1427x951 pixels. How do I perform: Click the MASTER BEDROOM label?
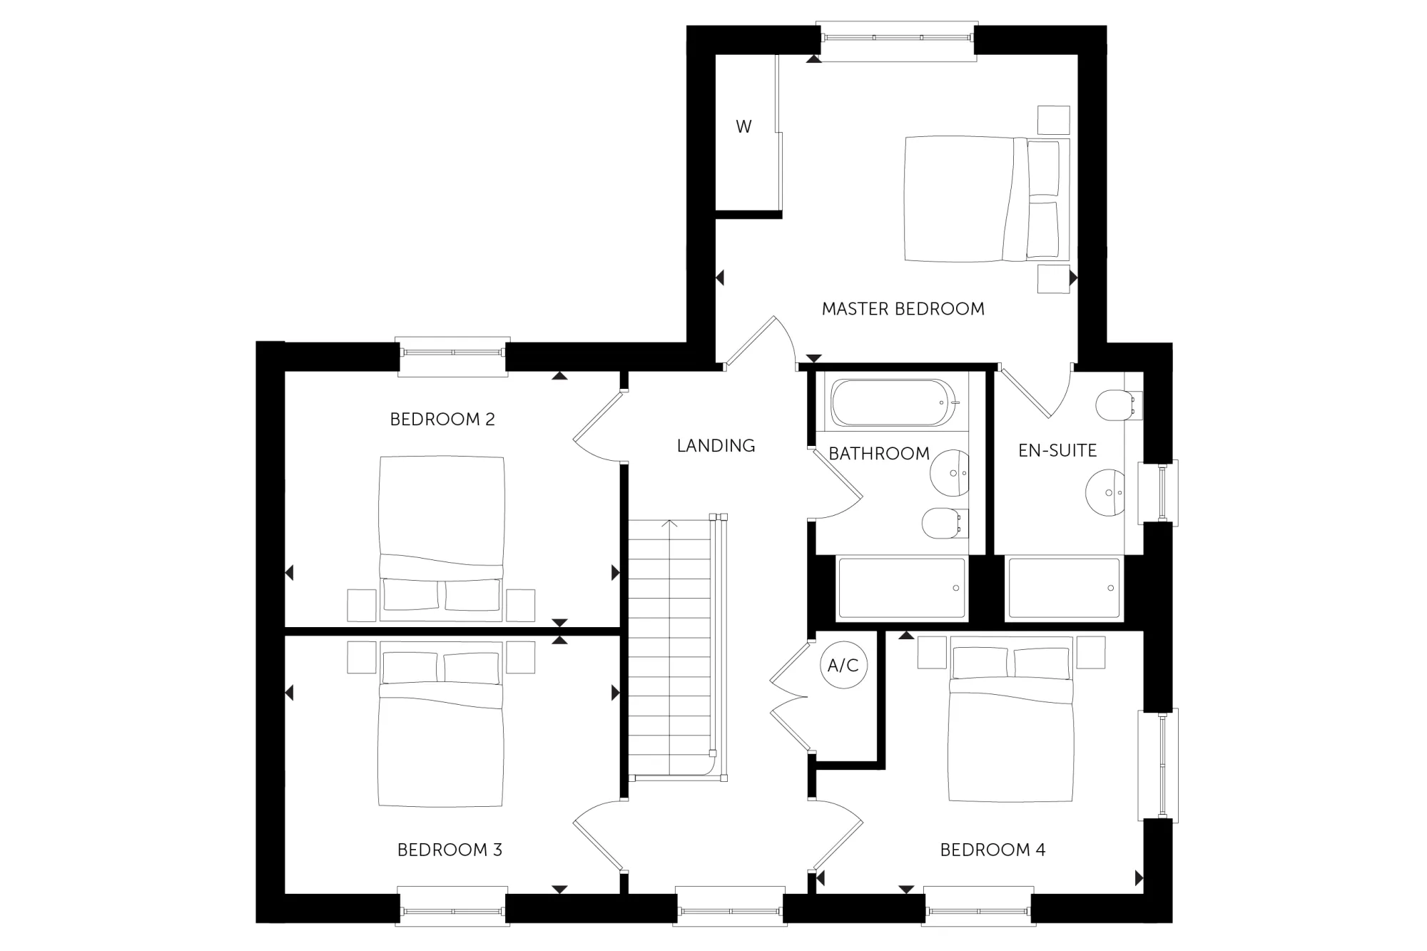[x=903, y=309]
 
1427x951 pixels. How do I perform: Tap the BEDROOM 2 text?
[x=442, y=419]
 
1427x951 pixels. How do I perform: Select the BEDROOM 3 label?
[x=450, y=850]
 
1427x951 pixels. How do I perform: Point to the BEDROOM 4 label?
[x=992, y=850]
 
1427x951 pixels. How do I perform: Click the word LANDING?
[x=716, y=446]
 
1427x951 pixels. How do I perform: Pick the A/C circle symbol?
[x=843, y=666]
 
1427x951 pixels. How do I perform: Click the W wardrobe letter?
[x=743, y=127]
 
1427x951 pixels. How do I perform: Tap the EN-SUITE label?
[x=1057, y=451]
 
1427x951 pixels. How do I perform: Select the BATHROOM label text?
[x=879, y=454]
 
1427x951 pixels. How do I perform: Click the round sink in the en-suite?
[x=1106, y=492]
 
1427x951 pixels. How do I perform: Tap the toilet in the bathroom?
[x=945, y=523]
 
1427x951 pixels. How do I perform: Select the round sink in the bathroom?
[x=950, y=472]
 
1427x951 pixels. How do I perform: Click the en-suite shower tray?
[x=1063, y=588]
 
